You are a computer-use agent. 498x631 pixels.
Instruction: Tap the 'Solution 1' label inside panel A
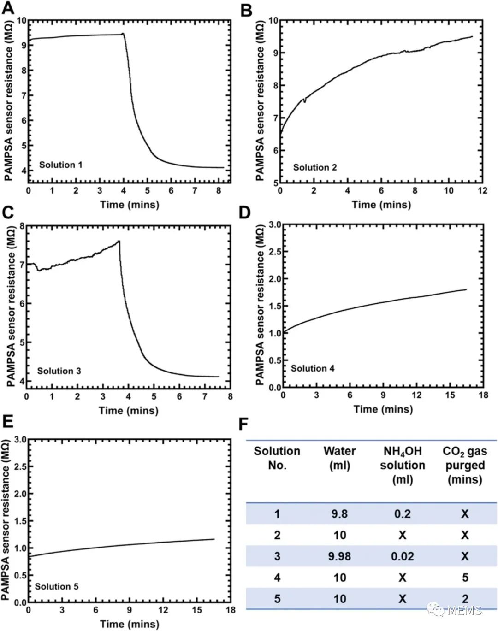(60, 165)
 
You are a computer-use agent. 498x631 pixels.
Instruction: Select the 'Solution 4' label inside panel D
(312, 368)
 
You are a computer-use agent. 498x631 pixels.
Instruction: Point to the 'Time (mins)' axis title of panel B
(381, 204)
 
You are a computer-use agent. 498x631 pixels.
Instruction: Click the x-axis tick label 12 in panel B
(482, 190)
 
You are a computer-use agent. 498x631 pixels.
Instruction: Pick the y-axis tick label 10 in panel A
(21, 21)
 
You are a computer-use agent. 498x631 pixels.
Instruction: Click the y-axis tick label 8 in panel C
(22, 225)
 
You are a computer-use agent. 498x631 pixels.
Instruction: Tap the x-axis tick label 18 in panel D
(483, 395)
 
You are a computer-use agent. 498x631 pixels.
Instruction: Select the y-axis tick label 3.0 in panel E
(20, 440)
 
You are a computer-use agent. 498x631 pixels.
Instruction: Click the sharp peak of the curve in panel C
(119, 241)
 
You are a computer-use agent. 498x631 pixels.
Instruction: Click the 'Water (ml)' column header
(339, 458)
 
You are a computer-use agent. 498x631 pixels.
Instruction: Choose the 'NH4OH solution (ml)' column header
(402, 465)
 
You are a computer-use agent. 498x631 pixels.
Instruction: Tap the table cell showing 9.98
(339, 556)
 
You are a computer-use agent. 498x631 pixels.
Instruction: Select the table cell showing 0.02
(402, 556)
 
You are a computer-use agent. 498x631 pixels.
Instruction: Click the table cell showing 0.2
(402, 514)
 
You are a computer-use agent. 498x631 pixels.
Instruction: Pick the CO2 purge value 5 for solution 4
(465, 578)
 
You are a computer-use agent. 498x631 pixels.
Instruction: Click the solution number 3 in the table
(277, 556)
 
